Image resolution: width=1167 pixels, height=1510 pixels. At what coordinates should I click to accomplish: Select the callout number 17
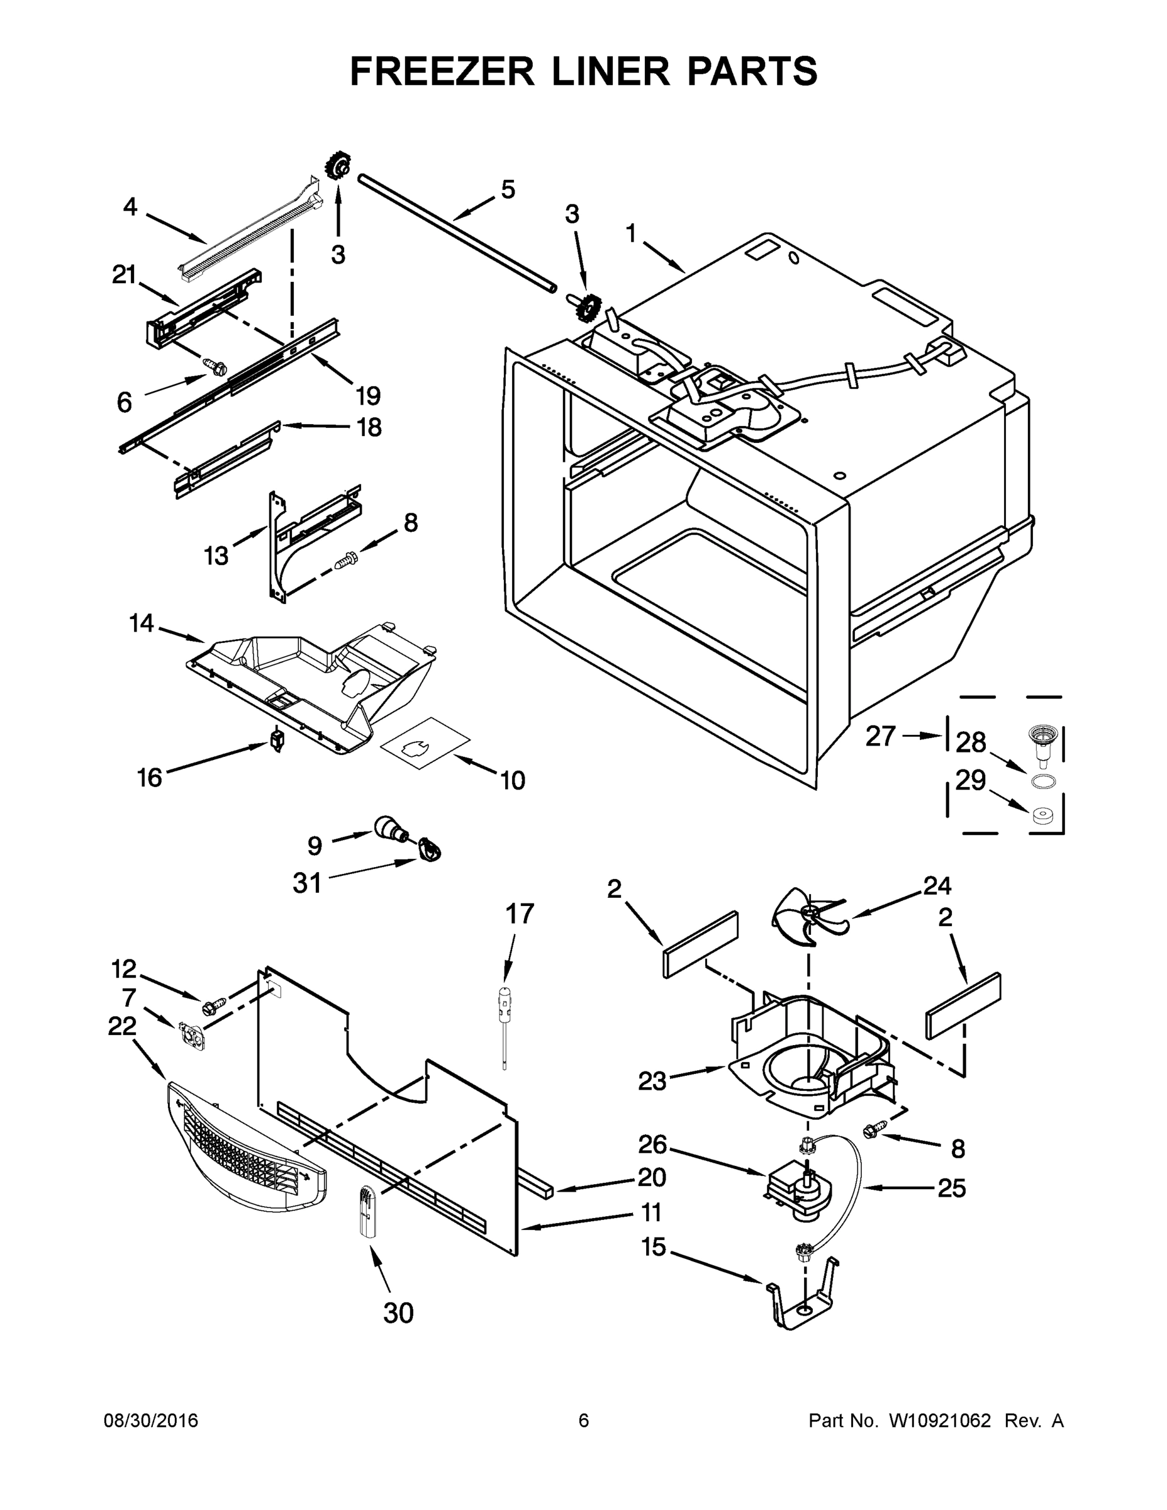[519, 914]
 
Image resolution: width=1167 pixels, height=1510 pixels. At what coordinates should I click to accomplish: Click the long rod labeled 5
[456, 237]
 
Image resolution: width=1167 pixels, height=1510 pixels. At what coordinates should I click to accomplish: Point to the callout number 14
[141, 623]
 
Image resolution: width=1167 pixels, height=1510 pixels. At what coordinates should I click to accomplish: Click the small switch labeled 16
[277, 741]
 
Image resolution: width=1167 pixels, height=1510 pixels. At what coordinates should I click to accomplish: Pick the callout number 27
[881, 736]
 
